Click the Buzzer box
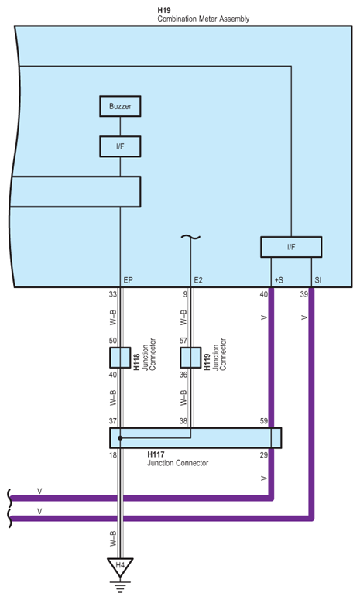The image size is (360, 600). [120, 106]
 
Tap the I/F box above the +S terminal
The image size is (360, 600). [290, 247]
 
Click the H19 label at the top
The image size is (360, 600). [164, 9]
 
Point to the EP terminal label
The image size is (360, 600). [129, 279]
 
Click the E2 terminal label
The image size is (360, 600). [198, 279]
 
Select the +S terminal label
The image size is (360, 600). [277, 279]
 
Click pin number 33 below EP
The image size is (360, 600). [113, 294]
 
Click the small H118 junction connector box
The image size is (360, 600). [120, 357]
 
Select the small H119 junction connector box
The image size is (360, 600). [190, 357]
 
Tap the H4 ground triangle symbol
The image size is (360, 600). [120, 567]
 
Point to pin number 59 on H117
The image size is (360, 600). [265, 421]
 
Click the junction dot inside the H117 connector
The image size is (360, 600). [120, 438]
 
